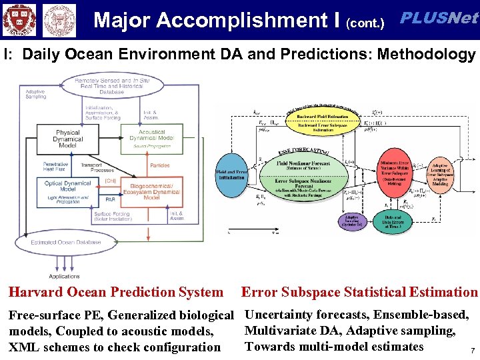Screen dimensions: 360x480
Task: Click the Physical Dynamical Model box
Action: tap(68, 139)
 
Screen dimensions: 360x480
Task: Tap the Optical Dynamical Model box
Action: tap(68, 186)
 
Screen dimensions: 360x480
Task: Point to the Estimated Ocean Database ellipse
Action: tap(65, 243)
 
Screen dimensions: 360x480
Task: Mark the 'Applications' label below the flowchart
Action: tap(65, 276)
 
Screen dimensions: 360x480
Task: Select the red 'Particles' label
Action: tap(159, 165)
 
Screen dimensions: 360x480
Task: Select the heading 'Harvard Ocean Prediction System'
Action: tap(115, 292)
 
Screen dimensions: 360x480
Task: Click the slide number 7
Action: tap(472, 351)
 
